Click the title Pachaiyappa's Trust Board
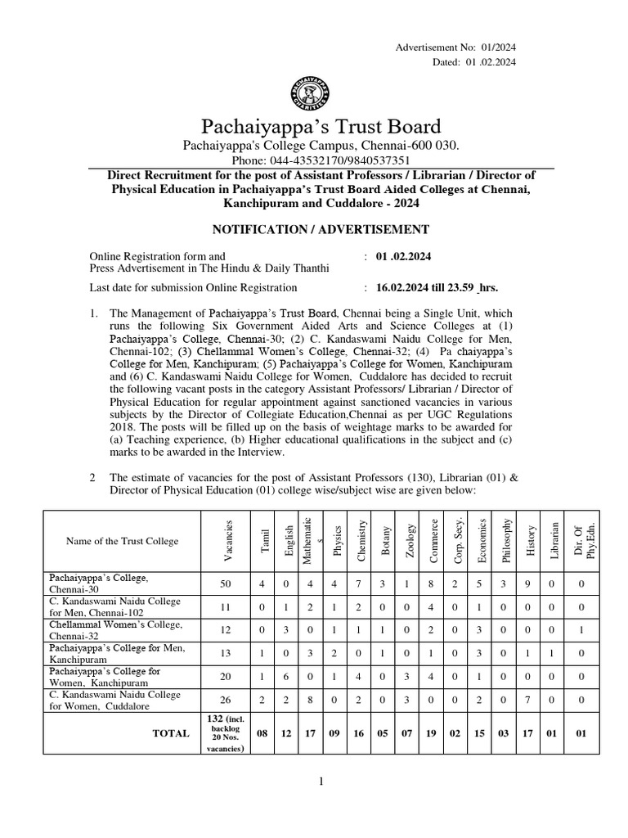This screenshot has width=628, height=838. click(320, 127)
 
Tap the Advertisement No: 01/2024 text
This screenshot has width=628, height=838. click(455, 47)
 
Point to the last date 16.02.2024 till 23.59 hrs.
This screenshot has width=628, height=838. click(437, 287)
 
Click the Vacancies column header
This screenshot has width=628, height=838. click(228, 541)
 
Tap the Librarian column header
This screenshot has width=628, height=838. click(554, 541)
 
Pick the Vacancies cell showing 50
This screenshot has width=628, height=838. click(227, 583)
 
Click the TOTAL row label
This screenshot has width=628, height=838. click(171, 733)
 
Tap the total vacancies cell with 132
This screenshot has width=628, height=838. click(227, 733)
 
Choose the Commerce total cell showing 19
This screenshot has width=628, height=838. click(433, 733)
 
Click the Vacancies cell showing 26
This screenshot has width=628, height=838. click(227, 701)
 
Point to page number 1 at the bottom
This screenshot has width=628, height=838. click(322, 782)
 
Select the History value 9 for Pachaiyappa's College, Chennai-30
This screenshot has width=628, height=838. click(530, 583)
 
